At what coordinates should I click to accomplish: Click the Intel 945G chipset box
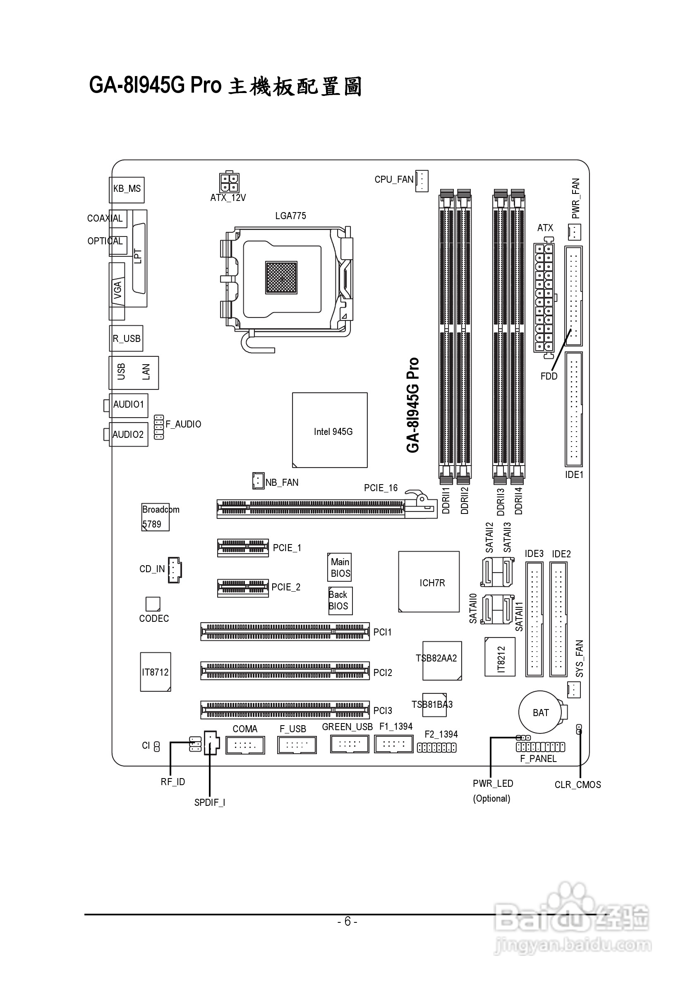(x=329, y=430)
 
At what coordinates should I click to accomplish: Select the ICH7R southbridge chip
(x=429, y=582)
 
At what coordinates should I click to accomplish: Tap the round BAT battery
(x=540, y=712)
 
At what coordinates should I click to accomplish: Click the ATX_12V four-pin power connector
(x=229, y=183)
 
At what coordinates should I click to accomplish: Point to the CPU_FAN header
(x=422, y=180)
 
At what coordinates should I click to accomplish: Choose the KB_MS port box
(x=127, y=189)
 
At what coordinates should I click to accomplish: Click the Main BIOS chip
(x=340, y=567)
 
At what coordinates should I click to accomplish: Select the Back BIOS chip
(x=340, y=600)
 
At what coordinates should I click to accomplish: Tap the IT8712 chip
(x=155, y=671)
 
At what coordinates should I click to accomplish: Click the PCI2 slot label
(x=382, y=672)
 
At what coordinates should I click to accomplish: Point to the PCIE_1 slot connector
(x=243, y=547)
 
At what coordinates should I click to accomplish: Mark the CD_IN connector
(x=175, y=570)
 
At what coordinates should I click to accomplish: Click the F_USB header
(x=297, y=745)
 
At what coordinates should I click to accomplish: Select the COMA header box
(x=245, y=745)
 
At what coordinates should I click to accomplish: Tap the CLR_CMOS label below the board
(x=577, y=785)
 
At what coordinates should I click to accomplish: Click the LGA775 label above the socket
(x=290, y=215)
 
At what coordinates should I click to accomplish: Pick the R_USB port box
(x=126, y=339)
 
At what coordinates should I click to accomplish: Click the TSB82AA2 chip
(x=441, y=660)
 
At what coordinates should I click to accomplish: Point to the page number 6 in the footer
(x=347, y=922)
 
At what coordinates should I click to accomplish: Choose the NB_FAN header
(x=258, y=481)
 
